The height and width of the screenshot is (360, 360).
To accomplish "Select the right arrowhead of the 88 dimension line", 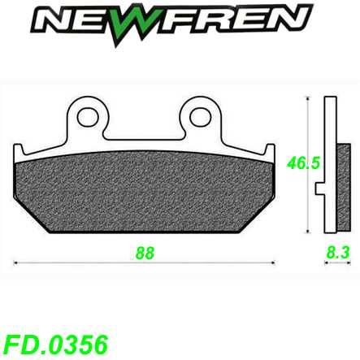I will (271, 262).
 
